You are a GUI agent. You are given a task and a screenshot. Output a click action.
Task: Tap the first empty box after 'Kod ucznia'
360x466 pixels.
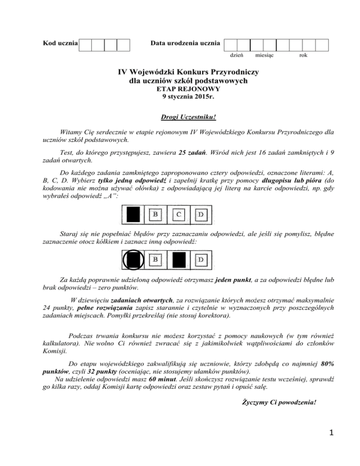click(85, 45)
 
